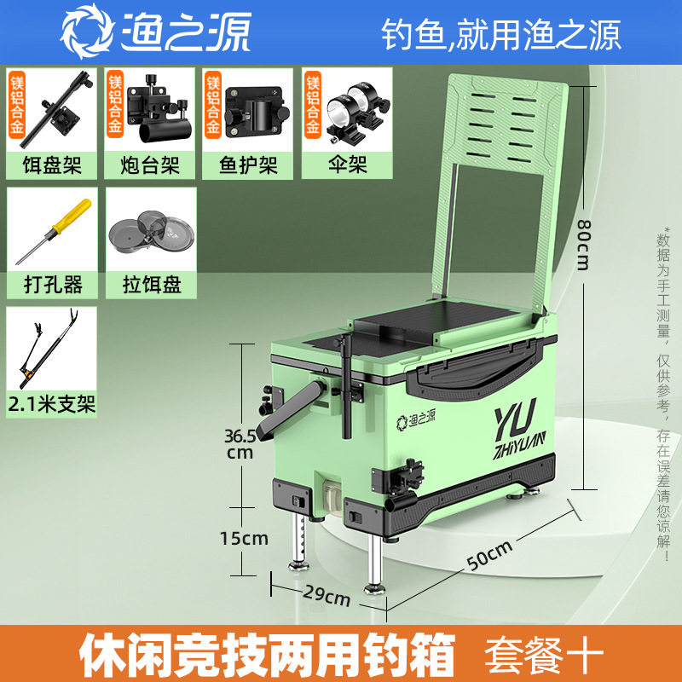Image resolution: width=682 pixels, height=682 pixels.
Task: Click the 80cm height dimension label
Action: pyautogui.click(x=583, y=242)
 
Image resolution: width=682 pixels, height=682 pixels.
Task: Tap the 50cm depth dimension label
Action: pyautogui.click(x=489, y=555)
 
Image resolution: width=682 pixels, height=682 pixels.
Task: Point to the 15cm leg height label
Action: pyautogui.click(x=244, y=538)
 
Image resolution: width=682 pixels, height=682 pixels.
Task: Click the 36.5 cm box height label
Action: pyautogui.click(x=240, y=442)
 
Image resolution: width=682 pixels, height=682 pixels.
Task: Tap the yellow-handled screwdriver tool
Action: pyautogui.click(x=52, y=230)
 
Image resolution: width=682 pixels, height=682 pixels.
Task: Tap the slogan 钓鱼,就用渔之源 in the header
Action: pyautogui.click(x=500, y=35)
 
